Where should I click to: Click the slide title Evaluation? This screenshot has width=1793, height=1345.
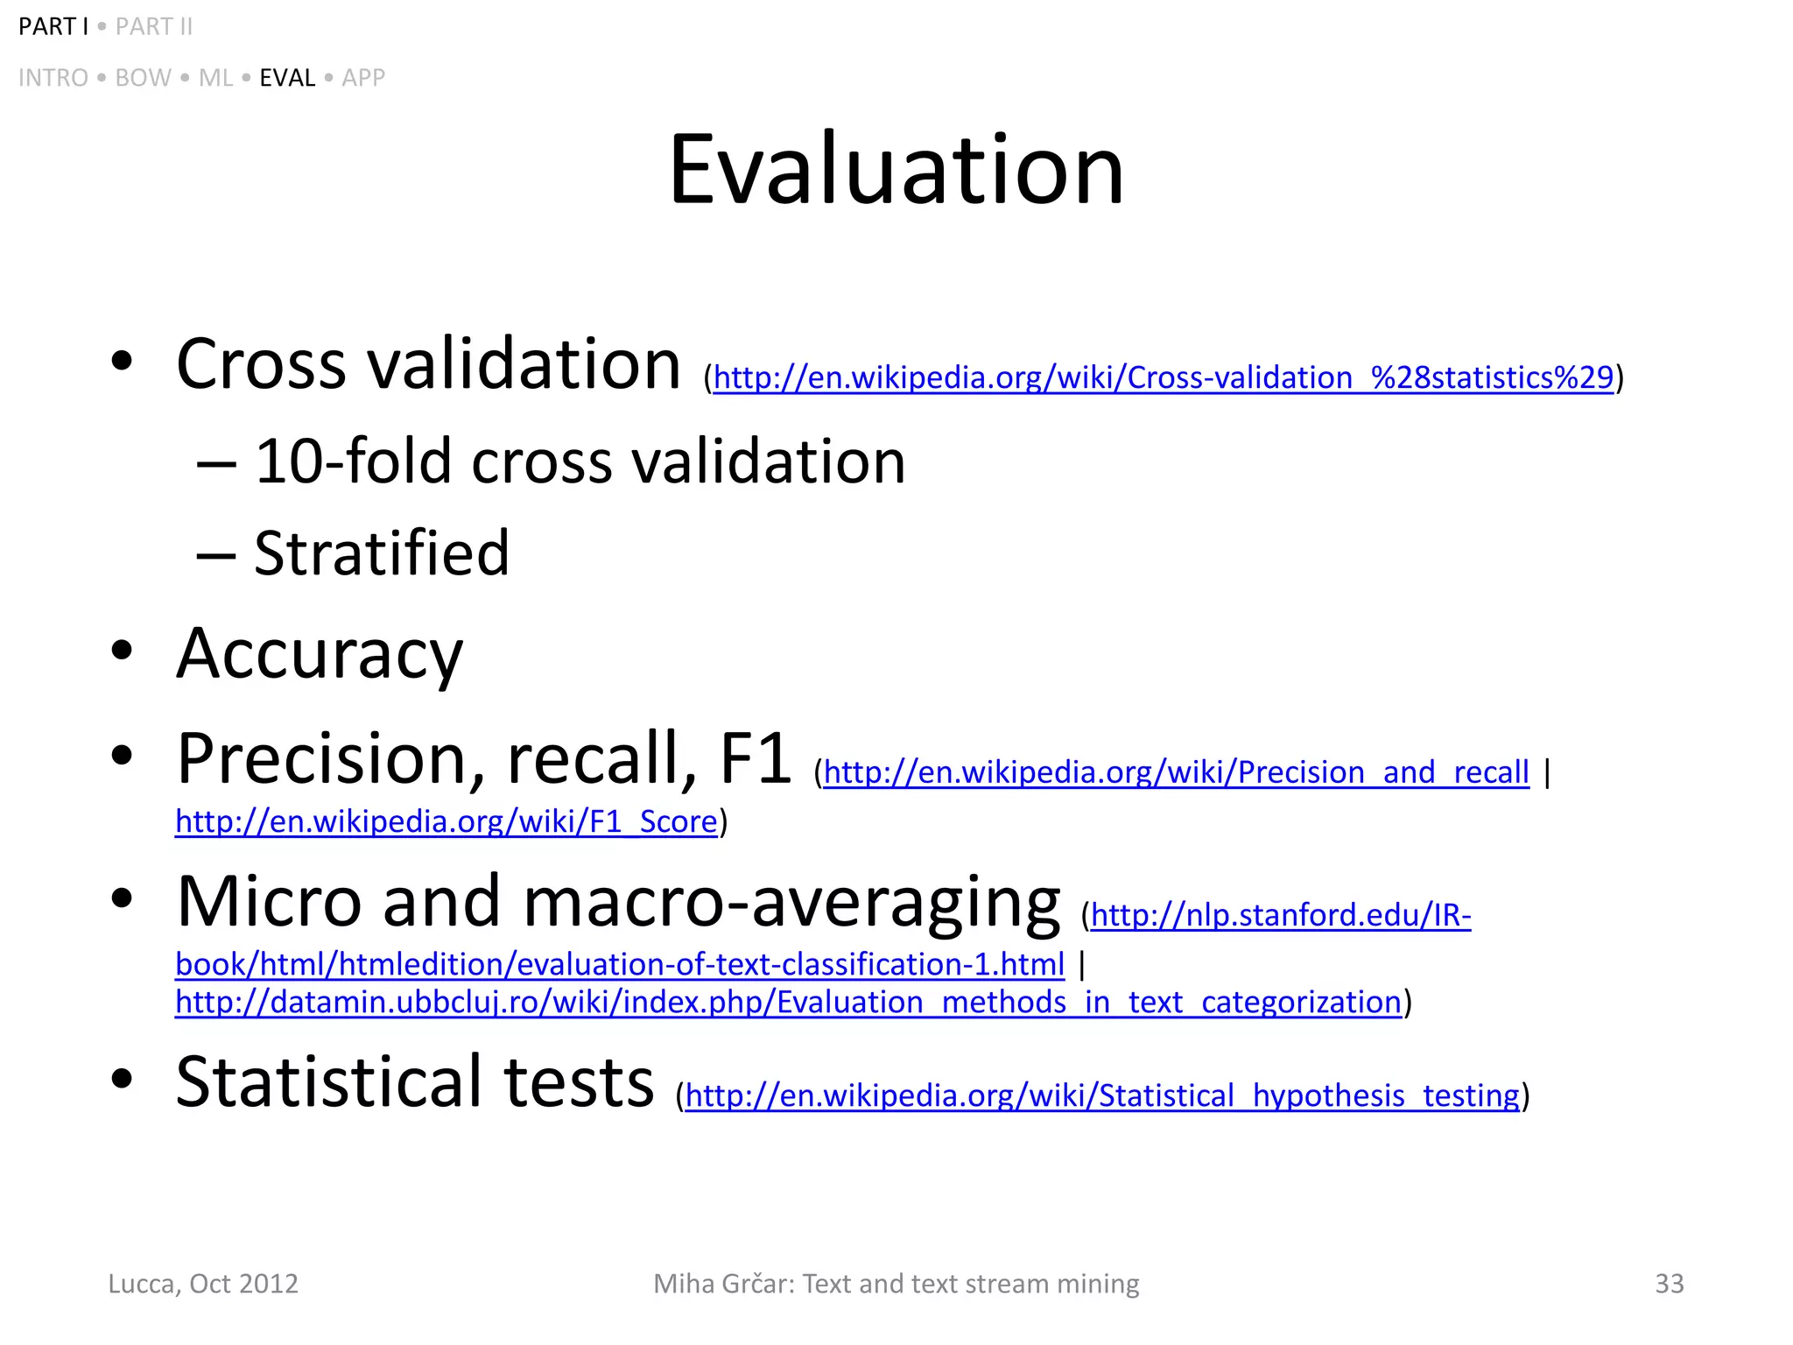tap(896, 170)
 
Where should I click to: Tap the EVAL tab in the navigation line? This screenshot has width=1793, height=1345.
tap(287, 78)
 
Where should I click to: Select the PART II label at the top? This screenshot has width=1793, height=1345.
tap(154, 27)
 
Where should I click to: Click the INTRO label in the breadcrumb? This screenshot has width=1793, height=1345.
tap(53, 78)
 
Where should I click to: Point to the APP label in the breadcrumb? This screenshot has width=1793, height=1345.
tap(363, 78)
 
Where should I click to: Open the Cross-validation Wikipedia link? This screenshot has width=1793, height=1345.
tap(1163, 378)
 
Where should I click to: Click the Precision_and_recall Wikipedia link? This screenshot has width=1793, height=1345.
tap(1176, 772)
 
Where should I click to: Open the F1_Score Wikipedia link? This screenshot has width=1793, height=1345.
tap(446, 821)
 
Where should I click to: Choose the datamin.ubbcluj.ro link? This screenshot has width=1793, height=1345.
tap(788, 1002)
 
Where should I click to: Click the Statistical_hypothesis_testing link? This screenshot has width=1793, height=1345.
tap(1102, 1096)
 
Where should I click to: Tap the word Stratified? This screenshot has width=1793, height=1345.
tap(382, 553)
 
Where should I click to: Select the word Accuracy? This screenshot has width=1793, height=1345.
tap(320, 654)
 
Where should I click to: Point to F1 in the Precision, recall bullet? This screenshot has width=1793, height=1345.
tap(756, 758)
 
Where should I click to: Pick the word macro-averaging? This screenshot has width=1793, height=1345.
tap(792, 902)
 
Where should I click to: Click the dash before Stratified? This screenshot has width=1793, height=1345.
tap(215, 555)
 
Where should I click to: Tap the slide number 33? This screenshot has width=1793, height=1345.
tap(1669, 1284)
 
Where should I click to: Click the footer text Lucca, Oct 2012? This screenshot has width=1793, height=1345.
tap(203, 1284)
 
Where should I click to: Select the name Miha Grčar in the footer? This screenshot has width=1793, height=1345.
tap(723, 1284)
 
